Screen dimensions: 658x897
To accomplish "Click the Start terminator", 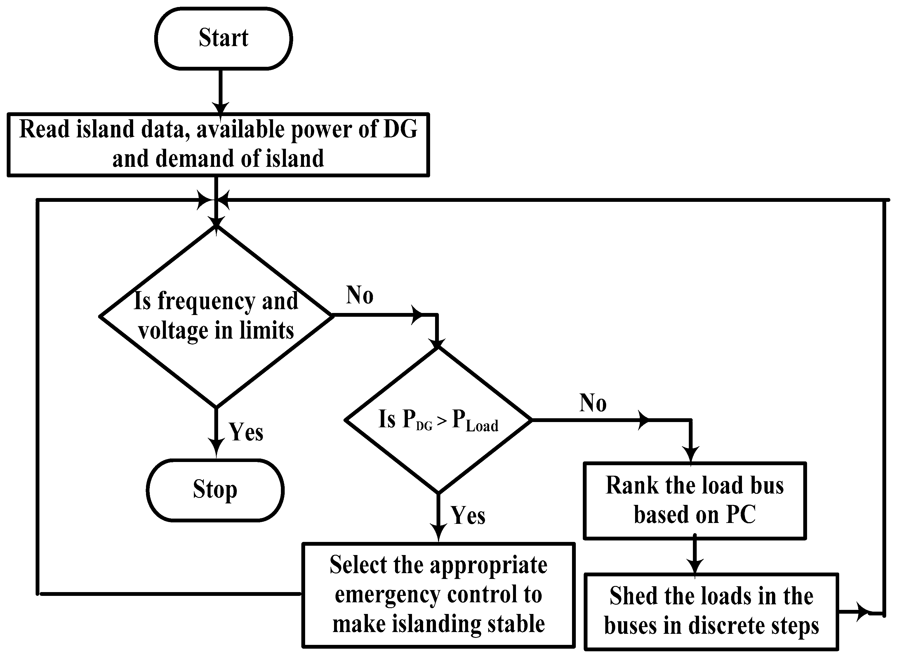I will [x=223, y=38].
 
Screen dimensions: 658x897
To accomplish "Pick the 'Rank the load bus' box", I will [x=694, y=501].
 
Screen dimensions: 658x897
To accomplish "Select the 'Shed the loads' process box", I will [x=711, y=611].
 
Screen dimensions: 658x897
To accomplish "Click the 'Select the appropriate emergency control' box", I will [x=438, y=595].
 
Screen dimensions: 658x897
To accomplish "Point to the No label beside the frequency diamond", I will [x=360, y=295].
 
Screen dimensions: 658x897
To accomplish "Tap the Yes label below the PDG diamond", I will [x=468, y=515].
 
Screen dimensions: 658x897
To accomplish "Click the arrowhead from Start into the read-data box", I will [x=220, y=108].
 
